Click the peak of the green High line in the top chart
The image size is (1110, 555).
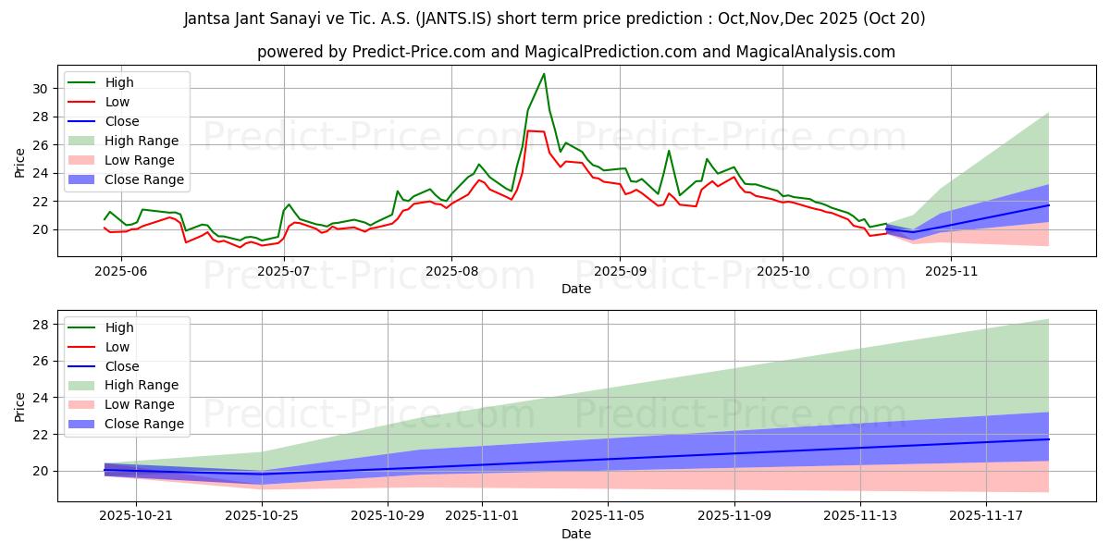[544, 74]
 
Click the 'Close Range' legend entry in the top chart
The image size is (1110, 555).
[143, 179]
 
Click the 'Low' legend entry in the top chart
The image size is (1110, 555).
[117, 102]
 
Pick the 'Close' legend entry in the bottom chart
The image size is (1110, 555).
[122, 365]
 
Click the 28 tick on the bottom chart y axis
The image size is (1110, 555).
[41, 325]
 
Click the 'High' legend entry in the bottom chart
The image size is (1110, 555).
[119, 327]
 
